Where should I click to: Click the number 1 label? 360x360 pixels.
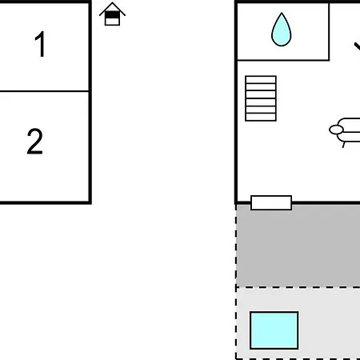(x=40, y=44)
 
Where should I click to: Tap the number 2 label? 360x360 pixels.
(x=34, y=142)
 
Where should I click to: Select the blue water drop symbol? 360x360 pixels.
(x=282, y=30)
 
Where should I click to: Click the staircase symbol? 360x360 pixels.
(x=261, y=98)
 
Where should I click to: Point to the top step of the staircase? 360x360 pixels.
(x=261, y=80)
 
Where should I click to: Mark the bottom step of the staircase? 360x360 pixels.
(x=261, y=118)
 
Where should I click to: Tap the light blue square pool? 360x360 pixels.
(x=274, y=330)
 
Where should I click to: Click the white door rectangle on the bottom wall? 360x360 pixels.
(x=271, y=202)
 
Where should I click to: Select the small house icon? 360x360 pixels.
(x=112, y=14)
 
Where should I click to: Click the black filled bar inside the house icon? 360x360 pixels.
(x=112, y=15)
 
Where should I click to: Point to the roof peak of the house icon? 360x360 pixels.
(x=112, y=2)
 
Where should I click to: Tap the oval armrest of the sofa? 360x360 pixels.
(x=336, y=130)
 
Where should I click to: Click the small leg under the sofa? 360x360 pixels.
(x=344, y=145)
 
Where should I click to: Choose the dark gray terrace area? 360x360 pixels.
(x=298, y=246)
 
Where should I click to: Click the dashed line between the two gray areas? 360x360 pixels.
(x=298, y=287)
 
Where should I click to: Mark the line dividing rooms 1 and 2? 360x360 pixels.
(x=44, y=91)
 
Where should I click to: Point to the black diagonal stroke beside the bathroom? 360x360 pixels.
(x=358, y=46)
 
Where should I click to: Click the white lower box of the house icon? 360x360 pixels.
(x=112, y=22)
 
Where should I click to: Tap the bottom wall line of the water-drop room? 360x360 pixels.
(x=283, y=60)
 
